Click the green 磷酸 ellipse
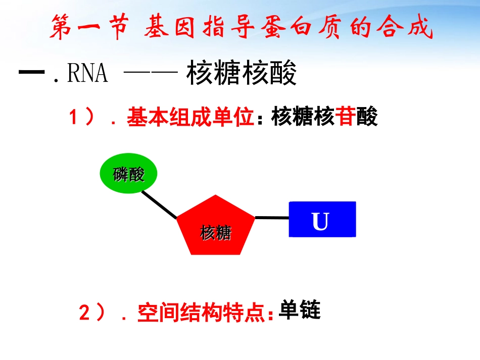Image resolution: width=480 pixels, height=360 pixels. pos(129,174)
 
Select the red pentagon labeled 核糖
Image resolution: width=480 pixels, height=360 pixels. pos(216,227)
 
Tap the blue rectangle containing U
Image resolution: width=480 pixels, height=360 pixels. pos(322,219)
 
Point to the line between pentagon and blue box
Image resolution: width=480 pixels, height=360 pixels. pos(271,218)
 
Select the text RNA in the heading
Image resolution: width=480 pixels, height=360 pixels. pos(87,74)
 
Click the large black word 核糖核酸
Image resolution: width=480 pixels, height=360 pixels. pos(242,74)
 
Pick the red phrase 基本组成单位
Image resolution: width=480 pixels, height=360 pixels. pos(190,118)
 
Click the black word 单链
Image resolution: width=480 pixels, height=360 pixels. pos(300,310)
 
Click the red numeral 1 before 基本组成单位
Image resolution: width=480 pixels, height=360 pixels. pos(73,118)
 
